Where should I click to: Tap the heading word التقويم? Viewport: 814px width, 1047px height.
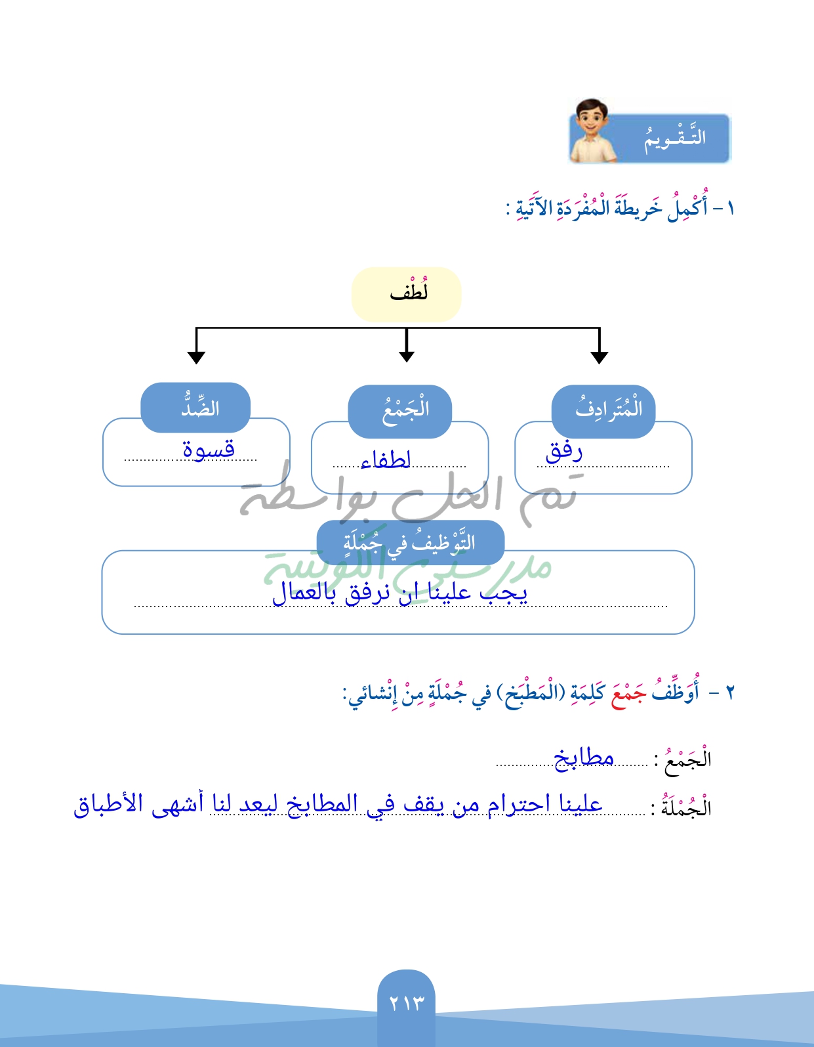tap(674, 138)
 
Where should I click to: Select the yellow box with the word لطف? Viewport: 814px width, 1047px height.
tap(407, 293)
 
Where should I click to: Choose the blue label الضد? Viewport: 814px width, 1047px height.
tap(199, 408)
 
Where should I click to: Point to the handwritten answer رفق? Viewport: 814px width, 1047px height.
tap(564, 451)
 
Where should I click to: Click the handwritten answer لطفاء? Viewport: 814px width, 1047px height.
tap(386, 459)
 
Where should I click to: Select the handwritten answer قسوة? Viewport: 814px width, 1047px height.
tap(209, 449)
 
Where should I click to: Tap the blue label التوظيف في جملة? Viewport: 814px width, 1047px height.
tap(410, 543)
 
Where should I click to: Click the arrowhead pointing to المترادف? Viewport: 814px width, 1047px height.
tap(599, 356)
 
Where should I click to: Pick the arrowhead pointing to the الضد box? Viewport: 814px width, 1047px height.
tap(196, 356)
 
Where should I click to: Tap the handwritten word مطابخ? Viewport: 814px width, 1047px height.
tap(584, 758)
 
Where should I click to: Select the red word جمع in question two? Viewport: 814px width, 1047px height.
tap(628, 693)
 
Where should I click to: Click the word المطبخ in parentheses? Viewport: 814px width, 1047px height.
tap(532, 694)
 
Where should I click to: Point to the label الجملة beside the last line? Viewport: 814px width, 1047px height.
tap(686, 807)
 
